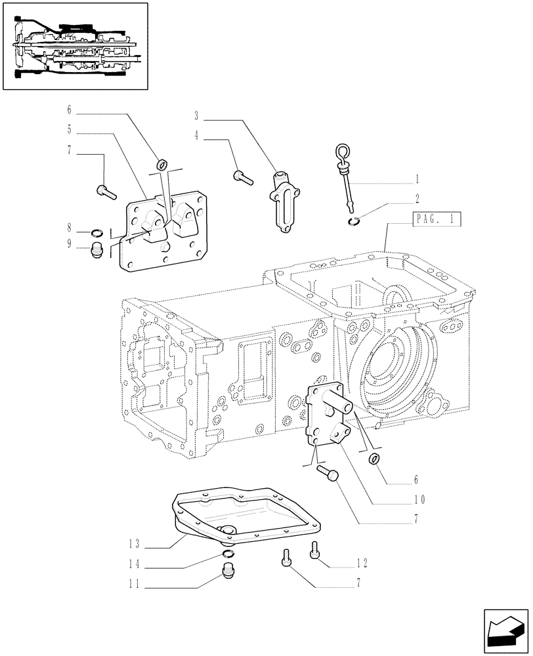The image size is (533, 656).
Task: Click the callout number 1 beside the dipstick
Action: point(417,177)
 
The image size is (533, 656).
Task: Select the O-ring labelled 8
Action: point(96,232)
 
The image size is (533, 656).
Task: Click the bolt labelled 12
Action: point(315,554)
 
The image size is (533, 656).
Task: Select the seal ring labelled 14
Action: point(226,557)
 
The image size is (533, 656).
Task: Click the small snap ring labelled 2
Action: point(354,221)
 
